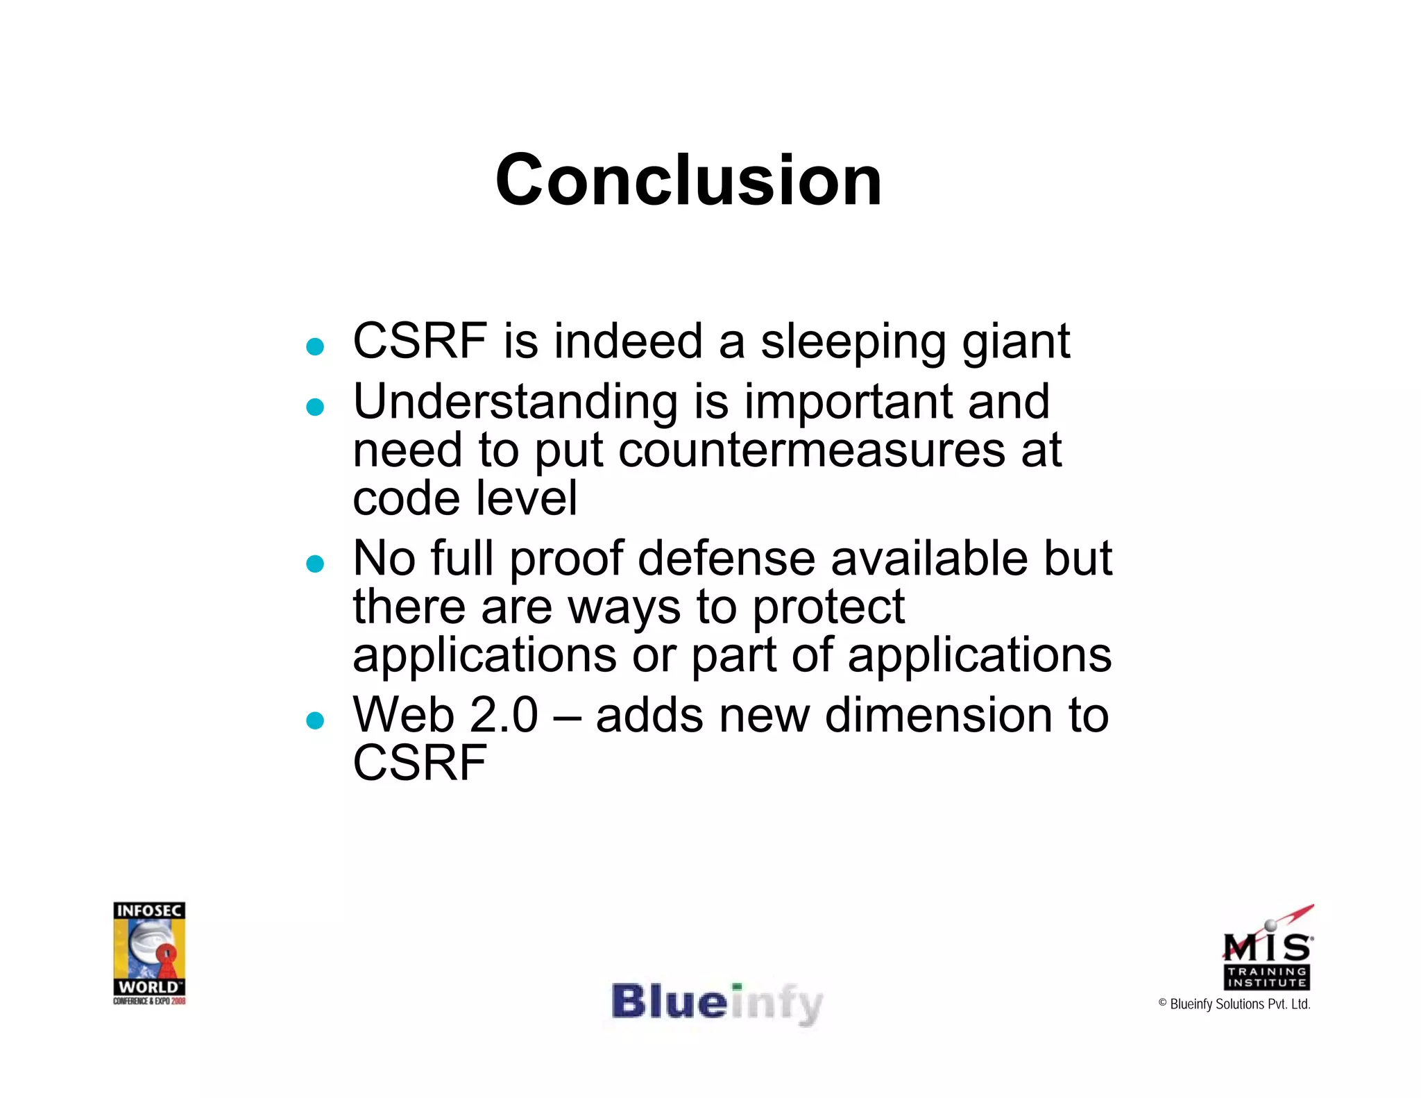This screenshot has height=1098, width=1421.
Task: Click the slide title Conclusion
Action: pyautogui.click(x=688, y=180)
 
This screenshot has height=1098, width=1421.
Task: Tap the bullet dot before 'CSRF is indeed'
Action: pyautogui.click(x=315, y=346)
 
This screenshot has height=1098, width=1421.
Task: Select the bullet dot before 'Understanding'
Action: pyautogui.click(x=315, y=407)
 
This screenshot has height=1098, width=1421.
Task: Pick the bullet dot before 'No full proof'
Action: pyautogui.click(x=315, y=564)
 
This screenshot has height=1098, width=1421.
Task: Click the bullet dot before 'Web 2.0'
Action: pyautogui.click(x=315, y=720)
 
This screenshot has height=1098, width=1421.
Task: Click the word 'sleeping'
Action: pyautogui.click(x=853, y=343)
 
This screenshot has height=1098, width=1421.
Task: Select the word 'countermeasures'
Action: pyautogui.click(x=811, y=451)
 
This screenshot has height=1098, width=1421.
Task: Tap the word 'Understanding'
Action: pyautogui.click(x=515, y=403)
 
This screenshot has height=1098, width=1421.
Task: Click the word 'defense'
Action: pyautogui.click(x=726, y=559)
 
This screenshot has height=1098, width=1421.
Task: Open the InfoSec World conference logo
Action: pyautogui.click(x=149, y=953)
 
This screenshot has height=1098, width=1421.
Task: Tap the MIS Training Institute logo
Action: pyautogui.click(x=1267, y=949)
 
